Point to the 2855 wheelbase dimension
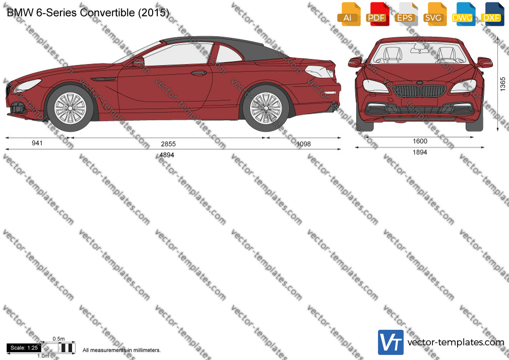pos(168,144)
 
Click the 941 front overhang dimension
pos(37,143)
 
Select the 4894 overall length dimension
pos(167,155)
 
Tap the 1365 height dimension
pos(502,84)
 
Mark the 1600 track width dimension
pos(420,141)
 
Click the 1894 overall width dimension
pos(420,152)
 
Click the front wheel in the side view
pos(70,108)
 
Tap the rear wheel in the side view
pos(266,108)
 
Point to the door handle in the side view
pos(199,73)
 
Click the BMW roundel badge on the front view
pos(419,84)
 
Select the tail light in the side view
pos(320,72)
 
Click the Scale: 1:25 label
pos(24,348)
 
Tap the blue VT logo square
pos(391,342)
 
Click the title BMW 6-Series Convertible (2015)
pos(88,13)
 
